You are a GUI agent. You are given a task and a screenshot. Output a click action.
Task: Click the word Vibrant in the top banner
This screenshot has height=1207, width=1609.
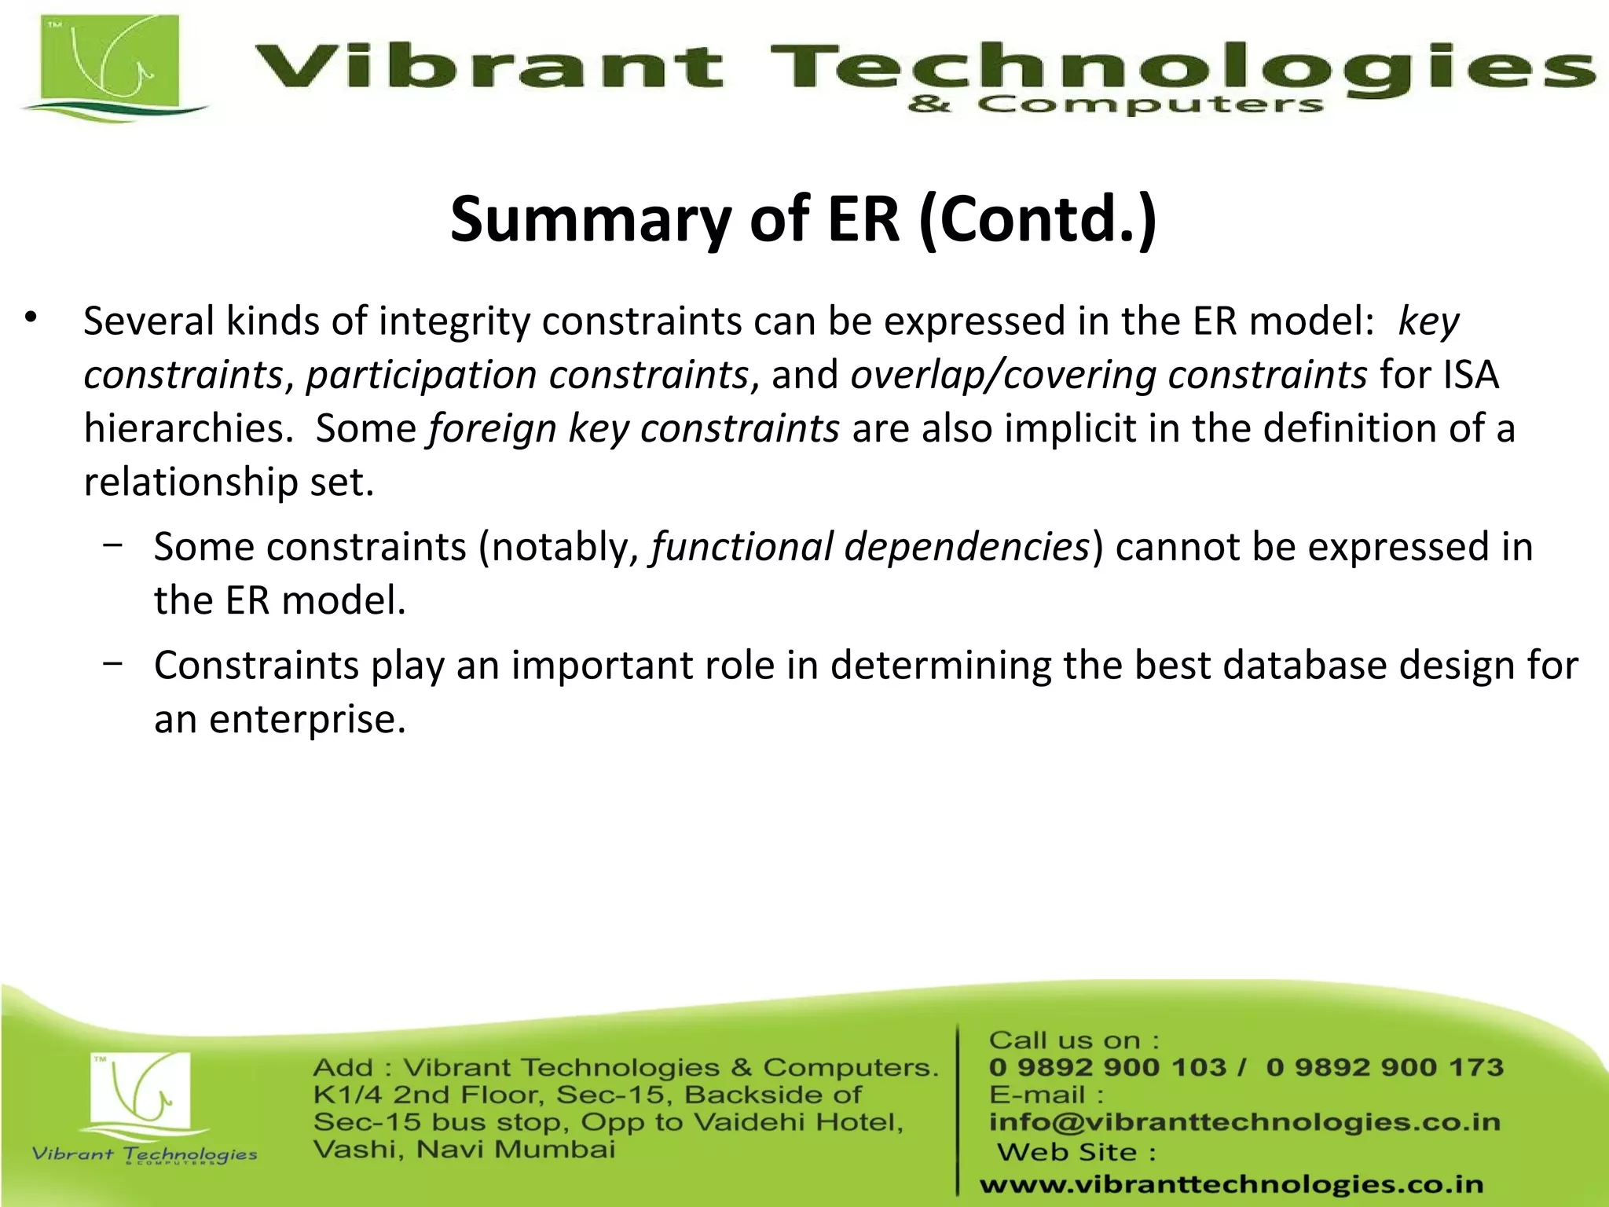pyautogui.click(x=487, y=66)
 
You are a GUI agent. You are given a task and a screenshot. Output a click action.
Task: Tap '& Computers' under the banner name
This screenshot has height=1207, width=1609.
pyautogui.click(x=1116, y=105)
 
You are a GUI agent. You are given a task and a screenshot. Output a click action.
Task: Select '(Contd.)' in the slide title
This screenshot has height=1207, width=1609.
pyautogui.click(x=1037, y=220)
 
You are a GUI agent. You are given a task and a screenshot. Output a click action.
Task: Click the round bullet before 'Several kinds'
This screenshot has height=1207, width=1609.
pyautogui.click(x=31, y=318)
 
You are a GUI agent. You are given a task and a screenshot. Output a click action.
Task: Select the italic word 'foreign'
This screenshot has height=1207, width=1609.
pyautogui.click(x=492, y=429)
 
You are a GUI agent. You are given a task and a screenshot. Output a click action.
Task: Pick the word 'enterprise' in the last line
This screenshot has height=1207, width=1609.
pyautogui.click(x=307, y=720)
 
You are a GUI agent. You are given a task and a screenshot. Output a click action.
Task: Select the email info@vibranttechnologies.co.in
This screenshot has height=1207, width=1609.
pyautogui.click(x=1244, y=1122)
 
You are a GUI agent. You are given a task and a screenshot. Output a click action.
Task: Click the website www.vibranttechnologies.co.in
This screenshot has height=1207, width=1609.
pyautogui.click(x=1232, y=1184)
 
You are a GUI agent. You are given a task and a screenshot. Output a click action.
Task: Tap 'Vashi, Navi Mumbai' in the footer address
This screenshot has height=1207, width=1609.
pyautogui.click(x=464, y=1150)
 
